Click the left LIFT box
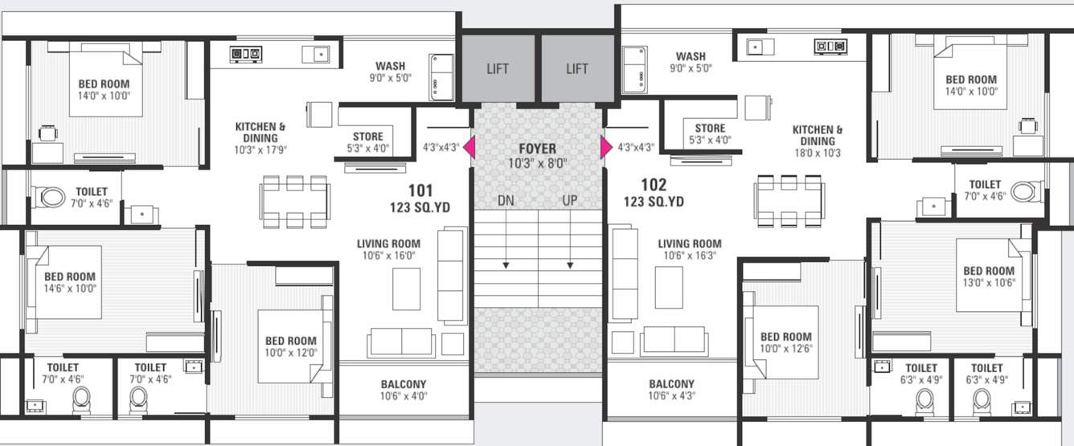tap(498, 69)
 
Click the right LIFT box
tap(577, 69)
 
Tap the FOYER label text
tap(537, 149)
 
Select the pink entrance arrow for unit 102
tap(605, 148)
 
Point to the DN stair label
tap(506, 200)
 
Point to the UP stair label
tap(569, 200)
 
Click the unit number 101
tap(420, 190)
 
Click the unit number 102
tap(654, 185)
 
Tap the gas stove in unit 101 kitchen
tap(245, 54)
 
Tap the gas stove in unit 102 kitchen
tap(830, 47)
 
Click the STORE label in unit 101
tap(368, 136)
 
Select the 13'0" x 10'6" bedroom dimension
tap(989, 283)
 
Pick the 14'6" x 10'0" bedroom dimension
tap(70, 288)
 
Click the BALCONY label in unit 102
tap(671, 384)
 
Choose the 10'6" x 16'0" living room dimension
tap(388, 256)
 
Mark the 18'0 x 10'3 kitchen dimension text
tap(818, 153)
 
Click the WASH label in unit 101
tap(390, 66)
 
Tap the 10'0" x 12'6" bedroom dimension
tap(785, 349)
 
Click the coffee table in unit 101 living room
tap(406, 288)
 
